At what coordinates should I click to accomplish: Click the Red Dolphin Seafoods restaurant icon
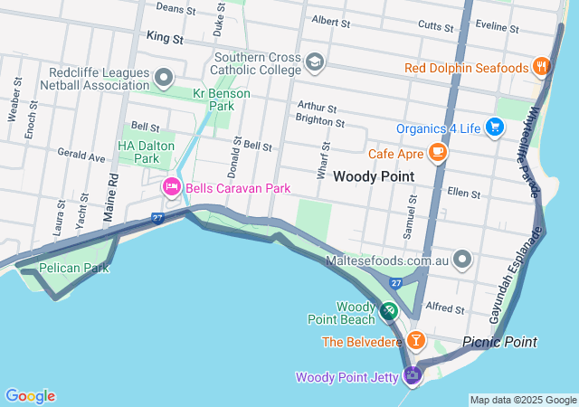pos(541,66)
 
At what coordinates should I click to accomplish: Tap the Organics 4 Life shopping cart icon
pos(495,128)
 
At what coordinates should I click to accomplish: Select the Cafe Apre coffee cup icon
pos(438,152)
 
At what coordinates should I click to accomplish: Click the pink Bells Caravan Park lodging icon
pos(170,187)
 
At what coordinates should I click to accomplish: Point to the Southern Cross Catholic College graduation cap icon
pos(314,62)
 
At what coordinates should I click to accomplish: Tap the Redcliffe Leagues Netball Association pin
pos(164,78)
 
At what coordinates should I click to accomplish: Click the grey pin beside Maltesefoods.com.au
pos(463,260)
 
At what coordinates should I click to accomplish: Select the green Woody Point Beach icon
pos(388,311)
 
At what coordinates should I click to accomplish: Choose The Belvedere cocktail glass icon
pos(415,341)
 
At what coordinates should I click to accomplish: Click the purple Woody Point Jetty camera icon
pos(413,375)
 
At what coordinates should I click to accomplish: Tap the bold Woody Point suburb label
pos(374,176)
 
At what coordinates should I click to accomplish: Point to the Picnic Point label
pos(499,342)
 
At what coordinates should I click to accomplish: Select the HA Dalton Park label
pos(138,151)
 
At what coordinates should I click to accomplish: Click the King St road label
pos(164,40)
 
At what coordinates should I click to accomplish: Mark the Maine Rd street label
pos(112,194)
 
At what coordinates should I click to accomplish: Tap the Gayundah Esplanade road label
pos(517,271)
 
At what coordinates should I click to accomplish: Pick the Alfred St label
pos(444,308)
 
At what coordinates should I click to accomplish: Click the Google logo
pos(30,396)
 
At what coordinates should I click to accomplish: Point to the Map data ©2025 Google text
pos(522,400)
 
